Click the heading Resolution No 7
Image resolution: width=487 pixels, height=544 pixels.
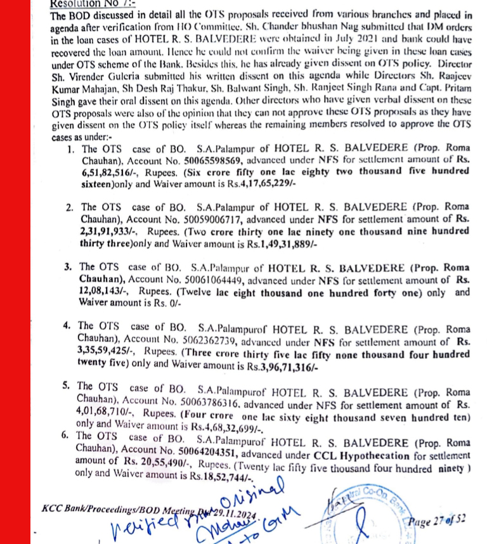82,3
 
